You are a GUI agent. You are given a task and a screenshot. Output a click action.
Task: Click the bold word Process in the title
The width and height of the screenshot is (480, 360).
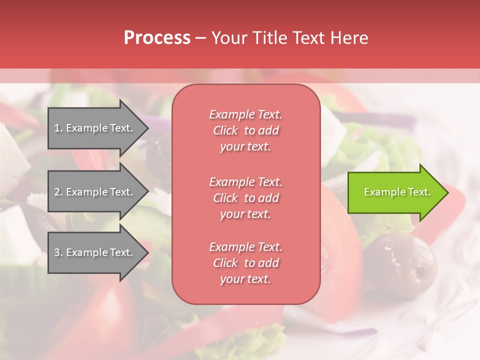(157, 38)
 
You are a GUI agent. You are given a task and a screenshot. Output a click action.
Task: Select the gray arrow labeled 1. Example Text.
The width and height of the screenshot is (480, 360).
(95, 128)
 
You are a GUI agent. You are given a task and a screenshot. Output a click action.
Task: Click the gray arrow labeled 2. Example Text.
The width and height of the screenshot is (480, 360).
(95, 192)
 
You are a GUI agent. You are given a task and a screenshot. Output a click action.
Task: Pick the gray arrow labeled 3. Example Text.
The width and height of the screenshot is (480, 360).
(95, 252)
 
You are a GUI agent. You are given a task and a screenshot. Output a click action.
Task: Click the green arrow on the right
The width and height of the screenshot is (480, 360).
(395, 192)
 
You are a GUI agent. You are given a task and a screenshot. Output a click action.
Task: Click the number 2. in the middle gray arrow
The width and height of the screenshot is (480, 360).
(58, 192)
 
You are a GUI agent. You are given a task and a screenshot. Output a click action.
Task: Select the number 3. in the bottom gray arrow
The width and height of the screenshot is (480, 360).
(58, 252)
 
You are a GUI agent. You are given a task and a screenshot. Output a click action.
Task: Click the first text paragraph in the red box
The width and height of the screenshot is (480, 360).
(245, 130)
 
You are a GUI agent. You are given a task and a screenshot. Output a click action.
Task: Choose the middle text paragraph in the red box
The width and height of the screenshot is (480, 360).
(245, 198)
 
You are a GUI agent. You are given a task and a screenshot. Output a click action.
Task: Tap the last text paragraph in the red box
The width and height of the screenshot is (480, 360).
(245, 263)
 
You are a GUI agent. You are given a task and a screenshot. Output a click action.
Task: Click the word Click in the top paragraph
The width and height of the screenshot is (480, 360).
(225, 130)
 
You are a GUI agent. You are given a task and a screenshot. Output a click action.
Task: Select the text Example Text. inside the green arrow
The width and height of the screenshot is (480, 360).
(397, 192)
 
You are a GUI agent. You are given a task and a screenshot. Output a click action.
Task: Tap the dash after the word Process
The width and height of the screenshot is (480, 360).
(200, 38)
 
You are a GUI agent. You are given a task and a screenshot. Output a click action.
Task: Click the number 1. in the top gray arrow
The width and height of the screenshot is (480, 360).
(58, 128)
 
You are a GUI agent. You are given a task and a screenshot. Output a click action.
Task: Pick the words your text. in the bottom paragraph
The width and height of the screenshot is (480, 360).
(245, 279)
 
